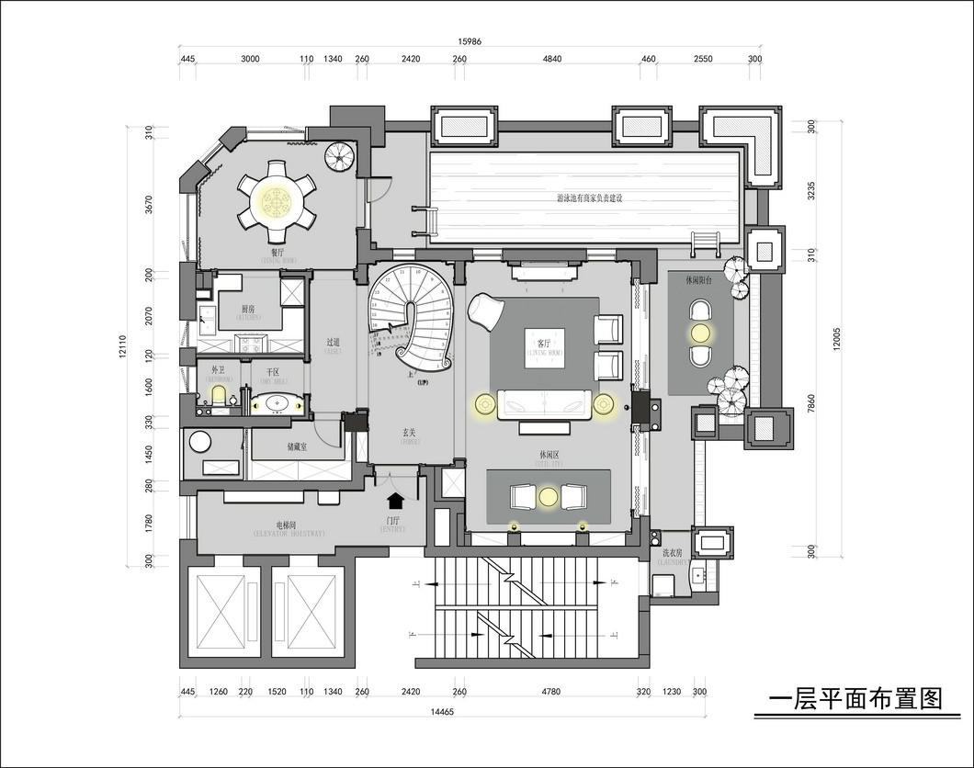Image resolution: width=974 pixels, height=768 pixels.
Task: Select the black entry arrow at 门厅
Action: (x=396, y=501)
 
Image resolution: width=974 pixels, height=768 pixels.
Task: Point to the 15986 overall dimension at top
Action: (x=470, y=41)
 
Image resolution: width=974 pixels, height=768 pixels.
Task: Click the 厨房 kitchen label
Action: (x=248, y=310)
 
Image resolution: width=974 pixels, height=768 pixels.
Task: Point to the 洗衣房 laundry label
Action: (x=672, y=554)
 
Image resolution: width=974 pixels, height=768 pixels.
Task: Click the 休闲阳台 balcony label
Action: (x=700, y=280)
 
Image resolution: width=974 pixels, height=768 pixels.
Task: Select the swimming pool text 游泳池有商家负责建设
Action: (x=589, y=198)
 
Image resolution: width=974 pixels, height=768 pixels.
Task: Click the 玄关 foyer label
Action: (x=411, y=432)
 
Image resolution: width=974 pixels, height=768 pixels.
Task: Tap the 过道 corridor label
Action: (x=333, y=343)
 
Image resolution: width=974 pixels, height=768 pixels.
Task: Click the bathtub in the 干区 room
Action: (x=276, y=402)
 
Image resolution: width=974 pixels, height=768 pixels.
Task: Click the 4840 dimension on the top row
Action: (x=551, y=59)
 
